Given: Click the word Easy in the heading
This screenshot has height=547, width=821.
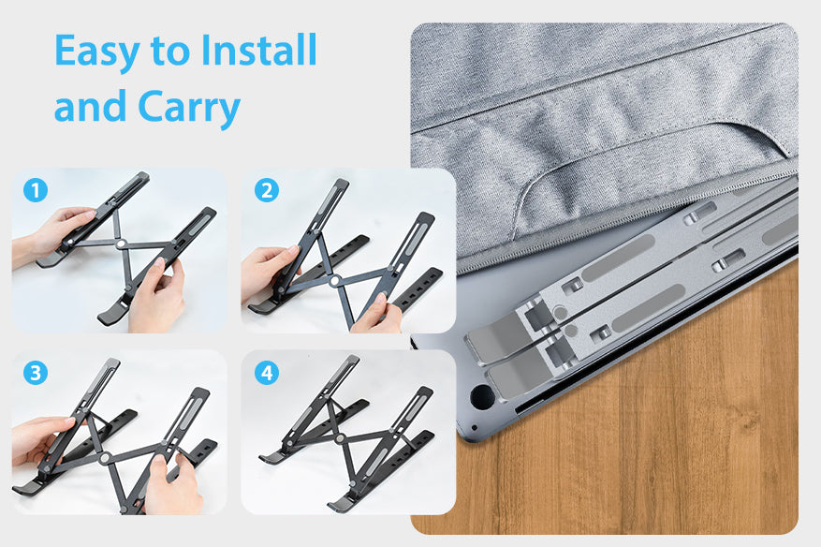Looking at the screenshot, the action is [x=96, y=52].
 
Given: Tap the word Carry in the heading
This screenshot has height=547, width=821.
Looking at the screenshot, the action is [x=188, y=108].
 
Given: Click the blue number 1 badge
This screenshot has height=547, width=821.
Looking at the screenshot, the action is [x=36, y=191].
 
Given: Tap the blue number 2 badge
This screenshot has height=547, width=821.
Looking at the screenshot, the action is [x=267, y=191].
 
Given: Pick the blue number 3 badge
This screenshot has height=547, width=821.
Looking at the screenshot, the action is [x=36, y=373].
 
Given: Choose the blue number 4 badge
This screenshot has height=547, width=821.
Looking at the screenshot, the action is [x=267, y=373].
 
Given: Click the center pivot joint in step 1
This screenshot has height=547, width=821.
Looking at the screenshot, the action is [x=121, y=244].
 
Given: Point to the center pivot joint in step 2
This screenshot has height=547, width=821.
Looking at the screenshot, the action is [x=334, y=281].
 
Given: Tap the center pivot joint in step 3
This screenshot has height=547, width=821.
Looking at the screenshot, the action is [x=105, y=458].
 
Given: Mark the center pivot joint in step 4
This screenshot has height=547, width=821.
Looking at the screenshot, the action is [x=340, y=438].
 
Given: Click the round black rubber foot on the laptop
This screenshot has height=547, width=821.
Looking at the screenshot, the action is [x=482, y=396].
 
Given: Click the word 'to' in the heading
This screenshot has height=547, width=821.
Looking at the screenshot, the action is [x=169, y=52].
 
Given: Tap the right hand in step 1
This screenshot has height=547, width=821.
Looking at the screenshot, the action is [x=158, y=296].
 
